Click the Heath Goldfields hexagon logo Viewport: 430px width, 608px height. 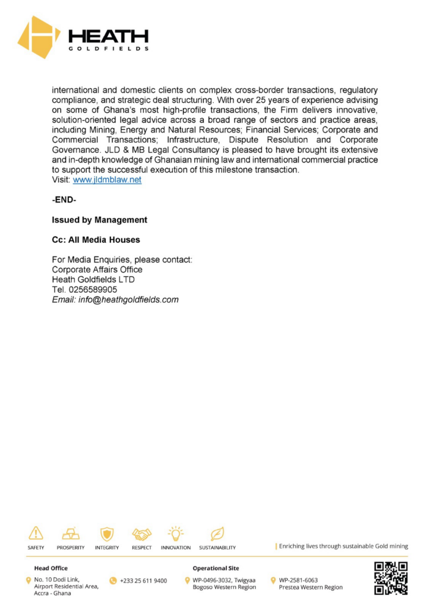(39, 37)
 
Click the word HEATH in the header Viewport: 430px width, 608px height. (108, 36)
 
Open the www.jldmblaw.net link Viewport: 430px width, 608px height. (107, 179)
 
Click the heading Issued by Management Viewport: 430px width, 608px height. (99, 220)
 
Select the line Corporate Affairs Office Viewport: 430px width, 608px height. (97, 270)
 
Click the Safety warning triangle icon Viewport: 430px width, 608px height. (36, 533)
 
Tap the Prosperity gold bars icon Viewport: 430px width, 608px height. (71, 533)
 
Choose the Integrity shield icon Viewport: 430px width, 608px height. (107, 533)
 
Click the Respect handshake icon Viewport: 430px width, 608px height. (141, 533)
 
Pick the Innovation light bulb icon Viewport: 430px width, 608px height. (176, 531)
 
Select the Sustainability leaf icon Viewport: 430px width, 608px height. (217, 533)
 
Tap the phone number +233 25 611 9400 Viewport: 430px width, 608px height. (143, 580)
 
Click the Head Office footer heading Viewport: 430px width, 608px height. (51, 568)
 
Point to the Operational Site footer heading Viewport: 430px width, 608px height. (216, 568)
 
